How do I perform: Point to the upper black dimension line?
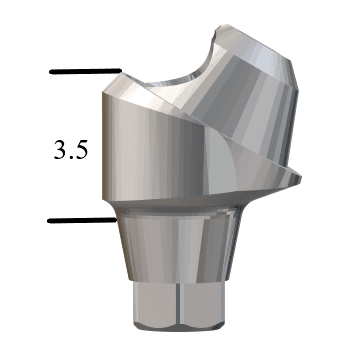85,72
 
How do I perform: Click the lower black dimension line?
80,218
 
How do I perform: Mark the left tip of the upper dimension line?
50,72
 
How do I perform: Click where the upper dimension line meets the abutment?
120,72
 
